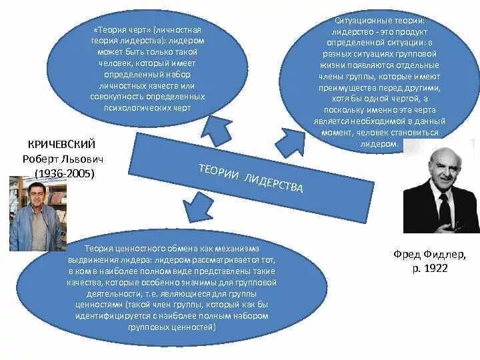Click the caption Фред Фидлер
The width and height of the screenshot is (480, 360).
point(429,254)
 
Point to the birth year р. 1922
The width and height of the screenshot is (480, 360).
point(429,268)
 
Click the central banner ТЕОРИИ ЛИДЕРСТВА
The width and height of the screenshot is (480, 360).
point(250,177)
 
